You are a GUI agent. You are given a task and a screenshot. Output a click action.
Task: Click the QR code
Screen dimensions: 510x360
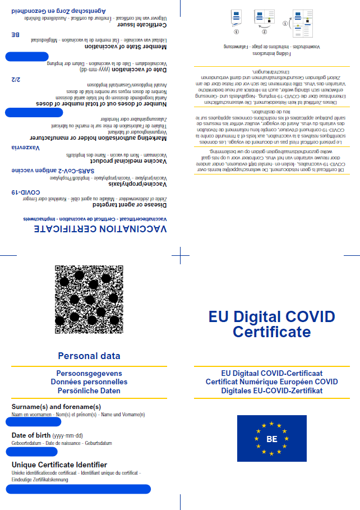90,298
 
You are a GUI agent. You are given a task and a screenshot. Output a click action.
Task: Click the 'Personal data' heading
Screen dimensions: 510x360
89,356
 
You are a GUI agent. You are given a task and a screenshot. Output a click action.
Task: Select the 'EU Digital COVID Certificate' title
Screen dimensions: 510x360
271,324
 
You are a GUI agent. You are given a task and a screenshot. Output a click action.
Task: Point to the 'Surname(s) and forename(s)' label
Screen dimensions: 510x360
56,407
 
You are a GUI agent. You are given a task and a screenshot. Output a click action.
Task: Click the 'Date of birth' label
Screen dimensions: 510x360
31,435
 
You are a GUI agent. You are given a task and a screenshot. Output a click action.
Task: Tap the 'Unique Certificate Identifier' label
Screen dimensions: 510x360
59,465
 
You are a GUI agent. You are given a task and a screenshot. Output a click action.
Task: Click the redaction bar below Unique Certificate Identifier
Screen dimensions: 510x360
78,489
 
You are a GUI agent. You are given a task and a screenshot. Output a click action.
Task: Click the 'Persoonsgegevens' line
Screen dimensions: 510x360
89,373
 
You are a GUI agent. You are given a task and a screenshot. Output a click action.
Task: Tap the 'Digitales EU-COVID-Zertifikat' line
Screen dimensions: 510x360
271,390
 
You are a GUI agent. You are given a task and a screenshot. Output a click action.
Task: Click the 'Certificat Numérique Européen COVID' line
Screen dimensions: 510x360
271,382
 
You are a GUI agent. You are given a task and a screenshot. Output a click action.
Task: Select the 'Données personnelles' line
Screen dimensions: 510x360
89,382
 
